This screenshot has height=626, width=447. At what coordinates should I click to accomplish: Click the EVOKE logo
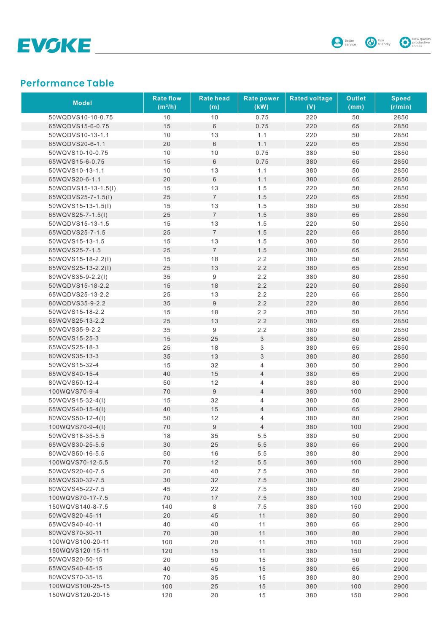coord(54,46)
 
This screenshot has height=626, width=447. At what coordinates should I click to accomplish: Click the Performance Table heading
coord(67,83)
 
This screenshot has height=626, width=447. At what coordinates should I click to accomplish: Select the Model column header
coord(82,103)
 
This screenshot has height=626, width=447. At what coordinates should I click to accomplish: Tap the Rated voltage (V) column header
coord(311,103)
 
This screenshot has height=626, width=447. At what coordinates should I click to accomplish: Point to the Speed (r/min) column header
coord(401,103)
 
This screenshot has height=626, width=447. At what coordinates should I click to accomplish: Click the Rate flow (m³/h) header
coord(167,103)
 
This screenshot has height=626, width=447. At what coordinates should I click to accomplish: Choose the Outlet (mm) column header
coord(355,103)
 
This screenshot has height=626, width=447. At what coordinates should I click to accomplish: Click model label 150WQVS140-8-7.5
coord(78,507)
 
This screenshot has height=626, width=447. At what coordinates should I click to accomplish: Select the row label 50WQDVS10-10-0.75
coord(81,117)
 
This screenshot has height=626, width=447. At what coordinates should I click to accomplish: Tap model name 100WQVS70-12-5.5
coord(78,462)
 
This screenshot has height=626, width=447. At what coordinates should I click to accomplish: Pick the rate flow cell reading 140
coord(167,507)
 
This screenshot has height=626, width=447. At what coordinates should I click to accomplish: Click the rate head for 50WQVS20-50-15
coord(214,560)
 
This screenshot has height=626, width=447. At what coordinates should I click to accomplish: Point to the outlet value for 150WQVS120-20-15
coord(355,595)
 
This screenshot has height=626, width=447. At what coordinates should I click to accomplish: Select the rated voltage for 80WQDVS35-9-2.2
coord(311,303)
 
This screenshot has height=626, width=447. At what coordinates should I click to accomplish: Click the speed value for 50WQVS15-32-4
coord(401,365)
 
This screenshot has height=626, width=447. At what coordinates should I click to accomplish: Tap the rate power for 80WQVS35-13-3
coord(262,356)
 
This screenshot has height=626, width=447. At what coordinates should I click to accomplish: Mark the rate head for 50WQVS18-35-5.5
coord(214,436)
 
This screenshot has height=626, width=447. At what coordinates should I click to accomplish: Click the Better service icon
coord(337,43)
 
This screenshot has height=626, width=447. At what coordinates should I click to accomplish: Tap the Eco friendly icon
coord(371,43)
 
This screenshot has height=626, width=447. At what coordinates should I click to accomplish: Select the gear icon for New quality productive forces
coord(405,43)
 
